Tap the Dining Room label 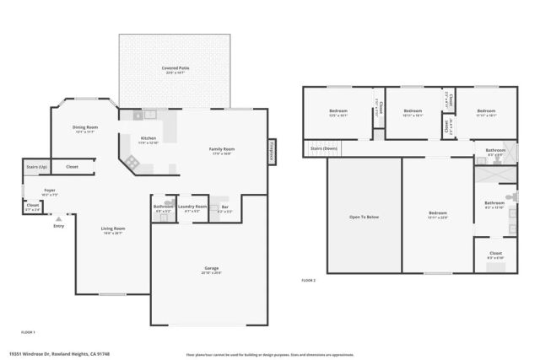coord(84,127)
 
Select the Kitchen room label coord(148,137)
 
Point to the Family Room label coord(222,149)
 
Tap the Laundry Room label coord(192,206)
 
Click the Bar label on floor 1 coord(224,206)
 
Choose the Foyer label coord(50,191)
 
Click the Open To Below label coord(364,217)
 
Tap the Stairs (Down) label coord(324,148)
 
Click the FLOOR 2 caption coord(308,280)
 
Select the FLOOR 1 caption coord(28,332)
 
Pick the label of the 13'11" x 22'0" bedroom coord(437,213)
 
